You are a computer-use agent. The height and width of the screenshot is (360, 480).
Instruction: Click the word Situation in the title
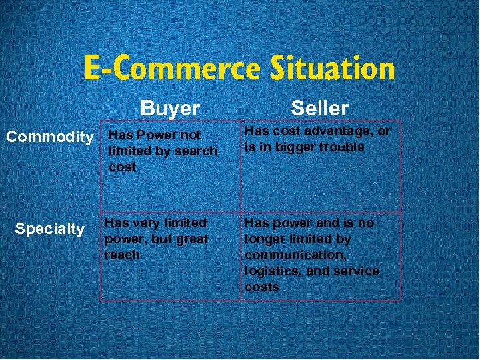coord(333,68)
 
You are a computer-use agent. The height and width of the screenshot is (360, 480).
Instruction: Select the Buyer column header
coord(170,108)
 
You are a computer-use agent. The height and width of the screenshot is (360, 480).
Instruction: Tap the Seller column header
coord(319,108)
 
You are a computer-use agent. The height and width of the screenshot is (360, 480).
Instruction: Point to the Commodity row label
coord(49,137)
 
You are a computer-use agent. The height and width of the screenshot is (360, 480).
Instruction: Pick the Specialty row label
coord(49,229)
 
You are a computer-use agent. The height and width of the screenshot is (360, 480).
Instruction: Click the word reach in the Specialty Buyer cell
coord(122,255)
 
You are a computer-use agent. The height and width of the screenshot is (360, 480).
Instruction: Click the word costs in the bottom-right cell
coord(261,287)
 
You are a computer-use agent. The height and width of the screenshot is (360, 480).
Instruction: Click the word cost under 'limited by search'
coord(122,167)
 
